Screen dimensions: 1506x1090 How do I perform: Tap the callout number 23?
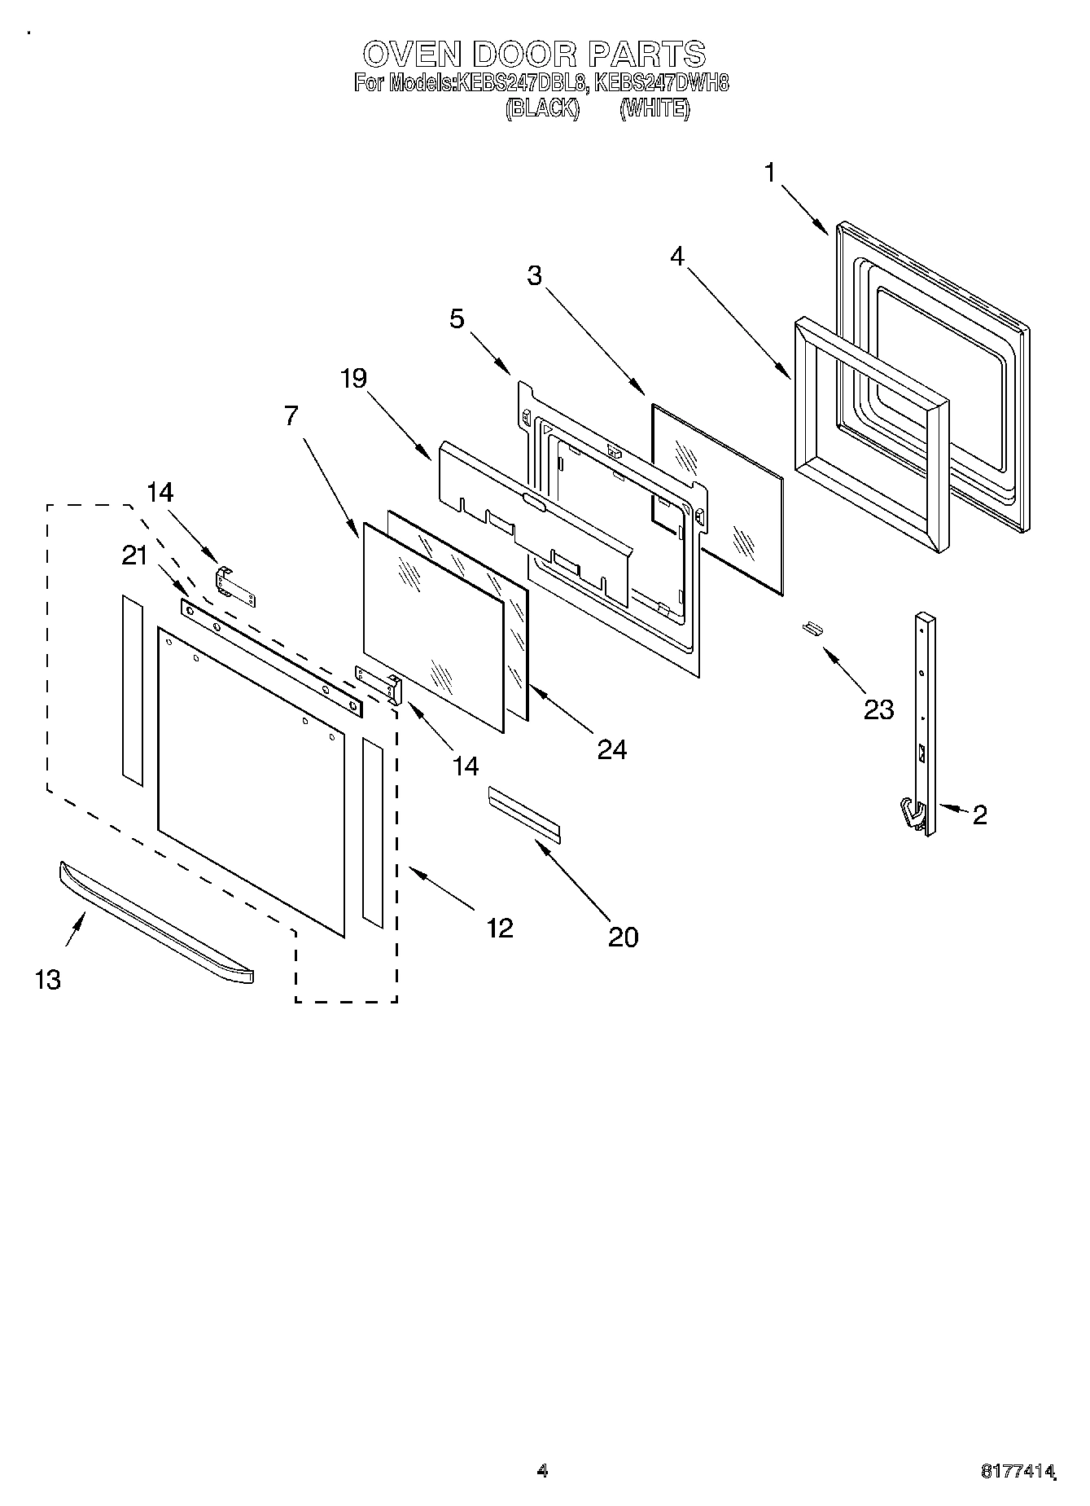(879, 709)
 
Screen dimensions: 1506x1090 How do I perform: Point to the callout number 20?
(623, 937)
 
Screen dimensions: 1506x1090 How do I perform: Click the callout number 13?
(48, 979)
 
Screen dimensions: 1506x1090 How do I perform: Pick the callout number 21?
(135, 555)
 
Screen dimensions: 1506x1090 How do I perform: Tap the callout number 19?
(353, 378)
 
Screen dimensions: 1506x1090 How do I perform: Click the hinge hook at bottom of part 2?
(913, 815)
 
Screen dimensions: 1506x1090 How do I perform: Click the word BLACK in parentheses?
(542, 108)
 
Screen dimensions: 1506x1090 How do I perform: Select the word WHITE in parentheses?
(654, 108)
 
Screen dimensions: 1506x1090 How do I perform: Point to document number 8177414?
(1017, 1472)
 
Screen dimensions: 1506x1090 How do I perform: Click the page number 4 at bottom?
(542, 1470)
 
